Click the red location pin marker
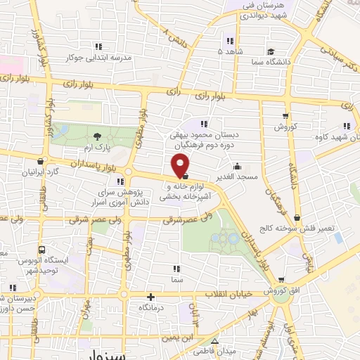(181, 166)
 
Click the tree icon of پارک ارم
(96, 135)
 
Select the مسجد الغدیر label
(237, 176)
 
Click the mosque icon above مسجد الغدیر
(237, 167)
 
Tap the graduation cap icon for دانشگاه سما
(270, 51)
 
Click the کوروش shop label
(287, 127)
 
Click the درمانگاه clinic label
(152, 308)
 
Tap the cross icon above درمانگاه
(151, 297)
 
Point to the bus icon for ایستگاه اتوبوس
(41, 250)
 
